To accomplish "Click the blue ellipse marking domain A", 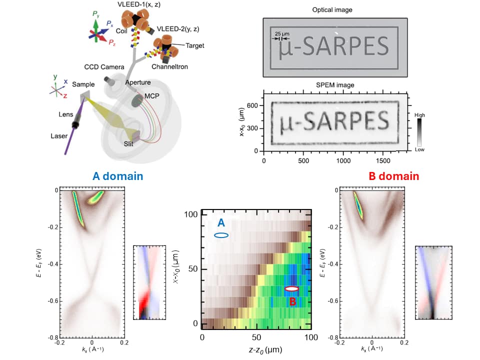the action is (221, 235).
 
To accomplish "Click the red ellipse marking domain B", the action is (291, 288).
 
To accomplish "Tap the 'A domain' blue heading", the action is (118, 176).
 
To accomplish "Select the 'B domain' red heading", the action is (393, 176).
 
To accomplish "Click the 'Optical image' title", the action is (332, 10).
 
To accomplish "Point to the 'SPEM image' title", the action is (335, 85).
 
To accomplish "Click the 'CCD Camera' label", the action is (104, 67).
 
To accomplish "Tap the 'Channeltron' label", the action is (169, 66).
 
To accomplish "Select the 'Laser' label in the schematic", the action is (59, 136).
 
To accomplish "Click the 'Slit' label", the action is (128, 144).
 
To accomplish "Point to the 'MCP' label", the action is (152, 96).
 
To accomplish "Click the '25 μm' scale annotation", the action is (282, 33).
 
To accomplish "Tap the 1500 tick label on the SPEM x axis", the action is (383, 160).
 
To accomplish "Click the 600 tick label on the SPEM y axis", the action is (252, 105).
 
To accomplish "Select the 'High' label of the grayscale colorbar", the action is (419, 115).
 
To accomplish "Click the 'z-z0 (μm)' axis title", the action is (265, 349).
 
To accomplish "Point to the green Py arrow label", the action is (96, 14).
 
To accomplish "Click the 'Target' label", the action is (195, 45).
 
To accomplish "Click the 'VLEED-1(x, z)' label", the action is (139, 4).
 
